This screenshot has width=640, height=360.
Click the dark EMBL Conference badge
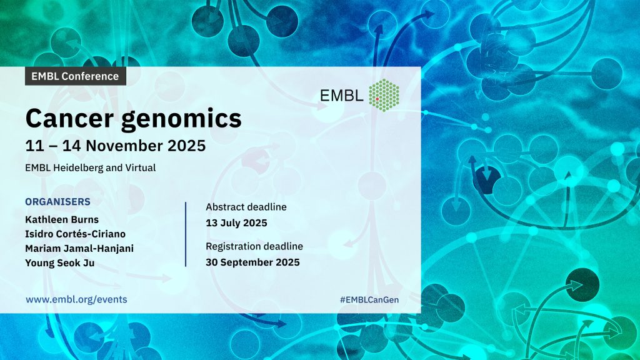pyautogui.click(x=76, y=76)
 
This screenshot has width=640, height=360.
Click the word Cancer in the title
pyautogui.click(x=69, y=118)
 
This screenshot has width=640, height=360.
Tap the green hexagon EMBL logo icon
pyautogui.click(x=384, y=96)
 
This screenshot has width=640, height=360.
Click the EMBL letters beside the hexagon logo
pyautogui.click(x=342, y=96)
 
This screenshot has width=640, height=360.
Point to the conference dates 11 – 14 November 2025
pyautogui.click(x=116, y=146)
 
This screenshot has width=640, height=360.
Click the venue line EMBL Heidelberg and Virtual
pyautogui.click(x=90, y=167)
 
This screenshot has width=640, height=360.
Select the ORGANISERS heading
pyautogui.click(x=58, y=202)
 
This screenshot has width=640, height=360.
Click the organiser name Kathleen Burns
pyautogui.click(x=62, y=219)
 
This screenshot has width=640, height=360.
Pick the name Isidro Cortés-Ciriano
pyautogui.click(x=76, y=234)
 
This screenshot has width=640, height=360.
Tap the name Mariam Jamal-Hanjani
pyautogui.click(x=79, y=249)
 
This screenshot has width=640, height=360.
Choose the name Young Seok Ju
pyautogui.click(x=60, y=263)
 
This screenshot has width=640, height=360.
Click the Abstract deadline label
pyautogui.click(x=246, y=207)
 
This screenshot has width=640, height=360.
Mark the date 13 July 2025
pyautogui.click(x=236, y=223)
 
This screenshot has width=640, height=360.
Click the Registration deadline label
pyautogui.click(x=254, y=246)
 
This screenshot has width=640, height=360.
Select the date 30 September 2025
pyautogui.click(x=252, y=262)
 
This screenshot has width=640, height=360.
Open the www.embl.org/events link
pyautogui.click(x=76, y=299)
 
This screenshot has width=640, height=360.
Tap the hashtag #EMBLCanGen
pyautogui.click(x=369, y=299)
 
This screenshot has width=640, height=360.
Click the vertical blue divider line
pyautogui.click(x=186, y=234)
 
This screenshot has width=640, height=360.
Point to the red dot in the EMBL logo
pyautogui.click(x=377, y=99)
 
